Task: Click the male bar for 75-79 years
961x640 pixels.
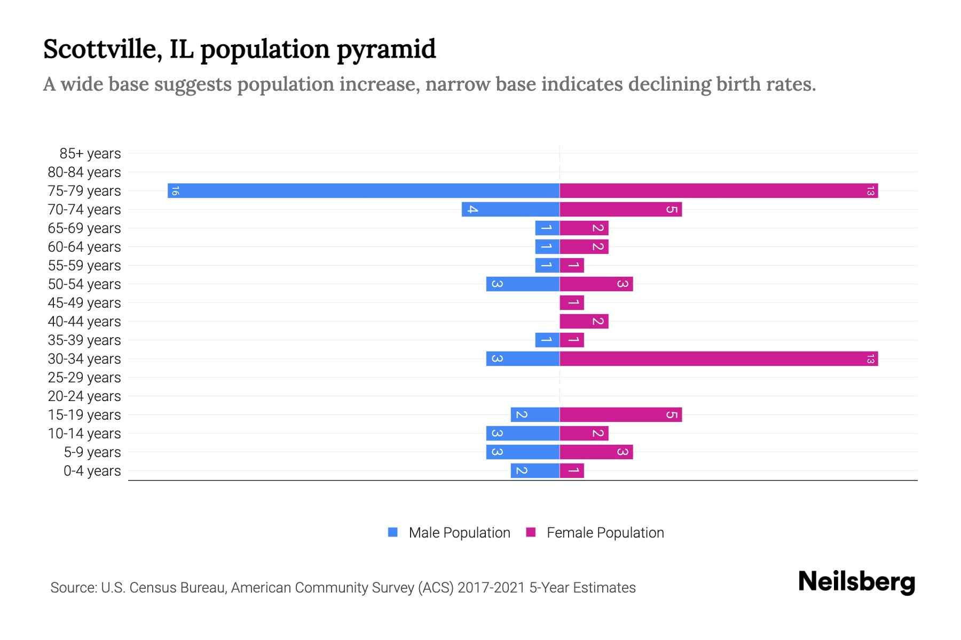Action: pos(363,191)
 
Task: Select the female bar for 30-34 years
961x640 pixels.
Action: pos(719,359)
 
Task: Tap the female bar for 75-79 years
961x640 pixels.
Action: pos(719,191)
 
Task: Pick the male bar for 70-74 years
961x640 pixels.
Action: pos(510,210)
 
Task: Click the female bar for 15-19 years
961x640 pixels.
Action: pos(620,415)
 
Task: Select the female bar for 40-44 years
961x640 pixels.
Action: pos(584,322)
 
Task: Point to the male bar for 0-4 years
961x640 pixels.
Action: pos(535,471)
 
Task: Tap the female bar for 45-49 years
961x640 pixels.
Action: pos(572,303)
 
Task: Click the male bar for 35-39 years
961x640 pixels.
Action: pos(547,340)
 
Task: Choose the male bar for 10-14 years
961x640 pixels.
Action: pos(523,434)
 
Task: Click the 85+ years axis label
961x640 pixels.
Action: pos(90,154)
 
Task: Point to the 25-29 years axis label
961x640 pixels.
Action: pos(84,378)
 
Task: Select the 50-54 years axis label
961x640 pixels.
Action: pos(84,284)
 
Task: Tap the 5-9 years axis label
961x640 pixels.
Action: pos(92,452)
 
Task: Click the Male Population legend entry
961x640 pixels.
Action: pos(459,533)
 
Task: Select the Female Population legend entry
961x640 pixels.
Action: pos(605,533)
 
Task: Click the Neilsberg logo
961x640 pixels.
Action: pos(856,582)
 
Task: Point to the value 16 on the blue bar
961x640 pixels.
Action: pos(175,191)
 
